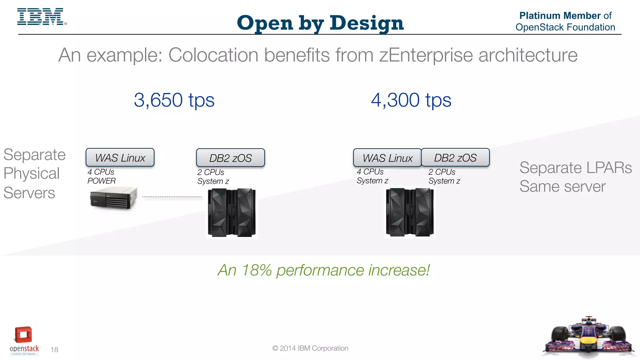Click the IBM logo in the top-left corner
coord(41,17)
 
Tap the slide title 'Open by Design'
coord(320,23)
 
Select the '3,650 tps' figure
coord(174,100)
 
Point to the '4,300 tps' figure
coord(411,100)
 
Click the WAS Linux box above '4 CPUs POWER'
coord(120,157)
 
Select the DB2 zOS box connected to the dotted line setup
coord(230,158)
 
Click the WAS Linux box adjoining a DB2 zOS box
coord(387,158)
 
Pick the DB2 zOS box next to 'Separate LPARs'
coord(455,158)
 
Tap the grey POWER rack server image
coord(114,198)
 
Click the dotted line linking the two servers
coord(172,197)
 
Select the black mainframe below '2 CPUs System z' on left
coord(232,212)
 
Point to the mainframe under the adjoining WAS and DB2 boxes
coord(410,212)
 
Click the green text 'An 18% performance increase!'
coord(323,270)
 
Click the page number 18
coord(54,350)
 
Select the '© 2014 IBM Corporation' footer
coord(310,348)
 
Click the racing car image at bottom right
coord(588,338)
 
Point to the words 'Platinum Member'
coord(560,16)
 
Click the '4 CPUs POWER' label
coord(102,177)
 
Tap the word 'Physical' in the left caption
coord(32,173)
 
